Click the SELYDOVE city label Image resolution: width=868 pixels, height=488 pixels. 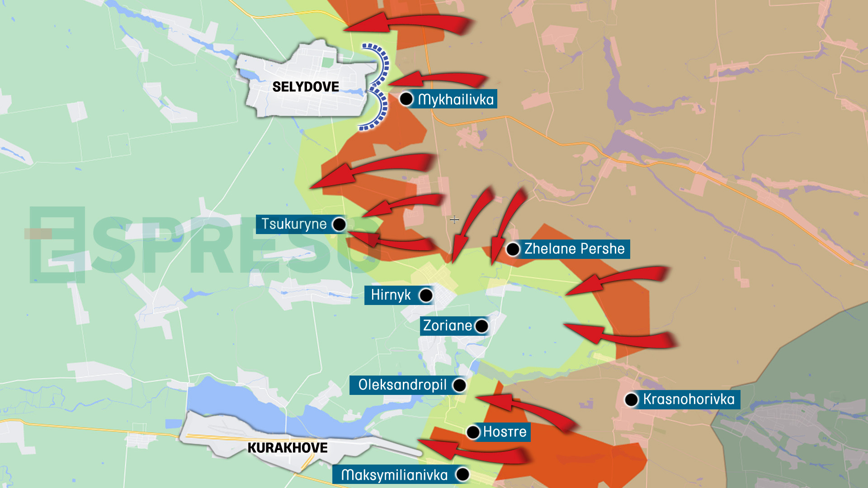[306, 87]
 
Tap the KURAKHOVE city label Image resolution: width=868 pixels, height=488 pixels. [288, 448]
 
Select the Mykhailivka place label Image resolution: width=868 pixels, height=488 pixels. [456, 99]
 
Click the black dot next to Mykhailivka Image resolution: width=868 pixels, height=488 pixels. [406, 99]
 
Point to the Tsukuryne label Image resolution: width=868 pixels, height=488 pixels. [294, 224]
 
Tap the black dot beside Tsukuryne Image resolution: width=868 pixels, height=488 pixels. [339, 224]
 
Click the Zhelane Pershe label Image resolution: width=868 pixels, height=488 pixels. [574, 249]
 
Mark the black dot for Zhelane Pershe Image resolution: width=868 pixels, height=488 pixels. [513, 249]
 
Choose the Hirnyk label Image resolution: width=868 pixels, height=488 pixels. [391, 295]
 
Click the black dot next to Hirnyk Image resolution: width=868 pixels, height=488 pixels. [426, 296]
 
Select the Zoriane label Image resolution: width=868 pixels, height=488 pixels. [447, 326]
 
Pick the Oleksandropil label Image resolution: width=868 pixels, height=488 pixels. [402, 385]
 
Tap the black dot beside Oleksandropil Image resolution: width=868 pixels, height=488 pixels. [459, 385]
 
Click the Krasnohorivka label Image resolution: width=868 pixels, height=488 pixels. [689, 399]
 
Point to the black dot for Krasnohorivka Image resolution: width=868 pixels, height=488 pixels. [632, 399]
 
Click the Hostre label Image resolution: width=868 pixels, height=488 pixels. [505, 432]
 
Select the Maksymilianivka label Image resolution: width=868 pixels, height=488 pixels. [394, 475]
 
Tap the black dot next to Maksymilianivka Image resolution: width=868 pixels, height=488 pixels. [462, 474]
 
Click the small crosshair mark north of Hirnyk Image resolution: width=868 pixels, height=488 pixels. [454, 220]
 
